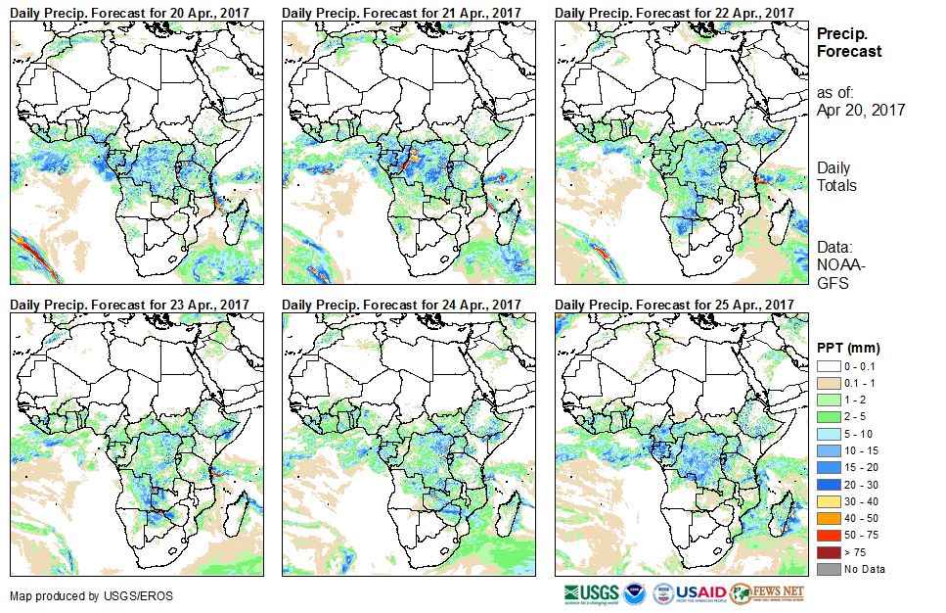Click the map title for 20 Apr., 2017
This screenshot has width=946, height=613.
pos(130,11)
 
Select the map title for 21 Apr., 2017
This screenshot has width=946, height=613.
pos(402,11)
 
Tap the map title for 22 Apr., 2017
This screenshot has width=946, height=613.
pos(675,11)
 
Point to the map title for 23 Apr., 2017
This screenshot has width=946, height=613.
pos(130,305)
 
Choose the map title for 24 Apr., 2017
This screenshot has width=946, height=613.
pos(402,305)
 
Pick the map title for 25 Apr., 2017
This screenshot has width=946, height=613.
pos(675,305)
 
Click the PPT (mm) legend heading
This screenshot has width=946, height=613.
pos(849,348)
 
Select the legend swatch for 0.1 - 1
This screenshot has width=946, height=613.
pos(827,382)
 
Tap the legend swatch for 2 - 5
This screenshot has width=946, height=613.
pos(827,416)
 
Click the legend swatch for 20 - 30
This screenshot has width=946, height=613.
pos(827,484)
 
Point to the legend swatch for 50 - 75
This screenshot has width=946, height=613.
pos(827,535)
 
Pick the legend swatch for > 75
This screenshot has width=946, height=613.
pos(827,551)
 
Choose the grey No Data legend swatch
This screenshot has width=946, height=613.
pos(827,569)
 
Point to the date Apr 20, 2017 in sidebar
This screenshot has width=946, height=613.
pos(861,110)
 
